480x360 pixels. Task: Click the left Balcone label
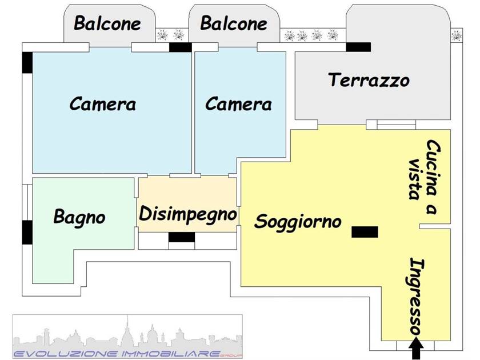point(107,23)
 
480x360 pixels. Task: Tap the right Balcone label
point(234,23)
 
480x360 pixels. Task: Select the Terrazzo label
point(369,80)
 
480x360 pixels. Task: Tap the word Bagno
point(79,217)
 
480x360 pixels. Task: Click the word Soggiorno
point(298,222)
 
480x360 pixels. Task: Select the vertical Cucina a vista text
point(425,177)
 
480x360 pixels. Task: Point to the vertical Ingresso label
point(417,297)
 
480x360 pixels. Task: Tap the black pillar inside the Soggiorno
point(365,232)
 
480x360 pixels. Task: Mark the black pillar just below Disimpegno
point(182,237)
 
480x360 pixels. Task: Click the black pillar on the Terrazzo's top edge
point(358,47)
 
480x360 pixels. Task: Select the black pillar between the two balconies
point(181,47)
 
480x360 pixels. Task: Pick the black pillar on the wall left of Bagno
point(27,233)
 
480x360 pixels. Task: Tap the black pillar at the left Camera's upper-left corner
point(27,63)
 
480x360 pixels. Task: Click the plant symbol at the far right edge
point(457,35)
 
